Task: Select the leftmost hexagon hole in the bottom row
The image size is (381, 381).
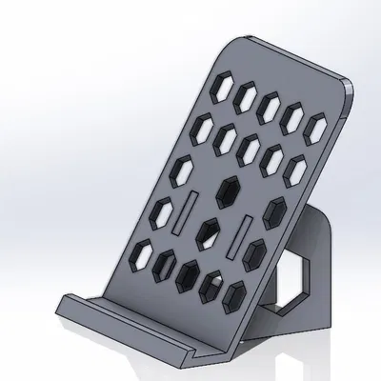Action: tap(144, 251)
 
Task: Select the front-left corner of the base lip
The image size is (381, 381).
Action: tap(63, 307)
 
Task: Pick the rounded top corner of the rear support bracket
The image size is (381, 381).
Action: tap(324, 211)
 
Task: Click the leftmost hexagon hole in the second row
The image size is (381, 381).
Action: tap(203, 125)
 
